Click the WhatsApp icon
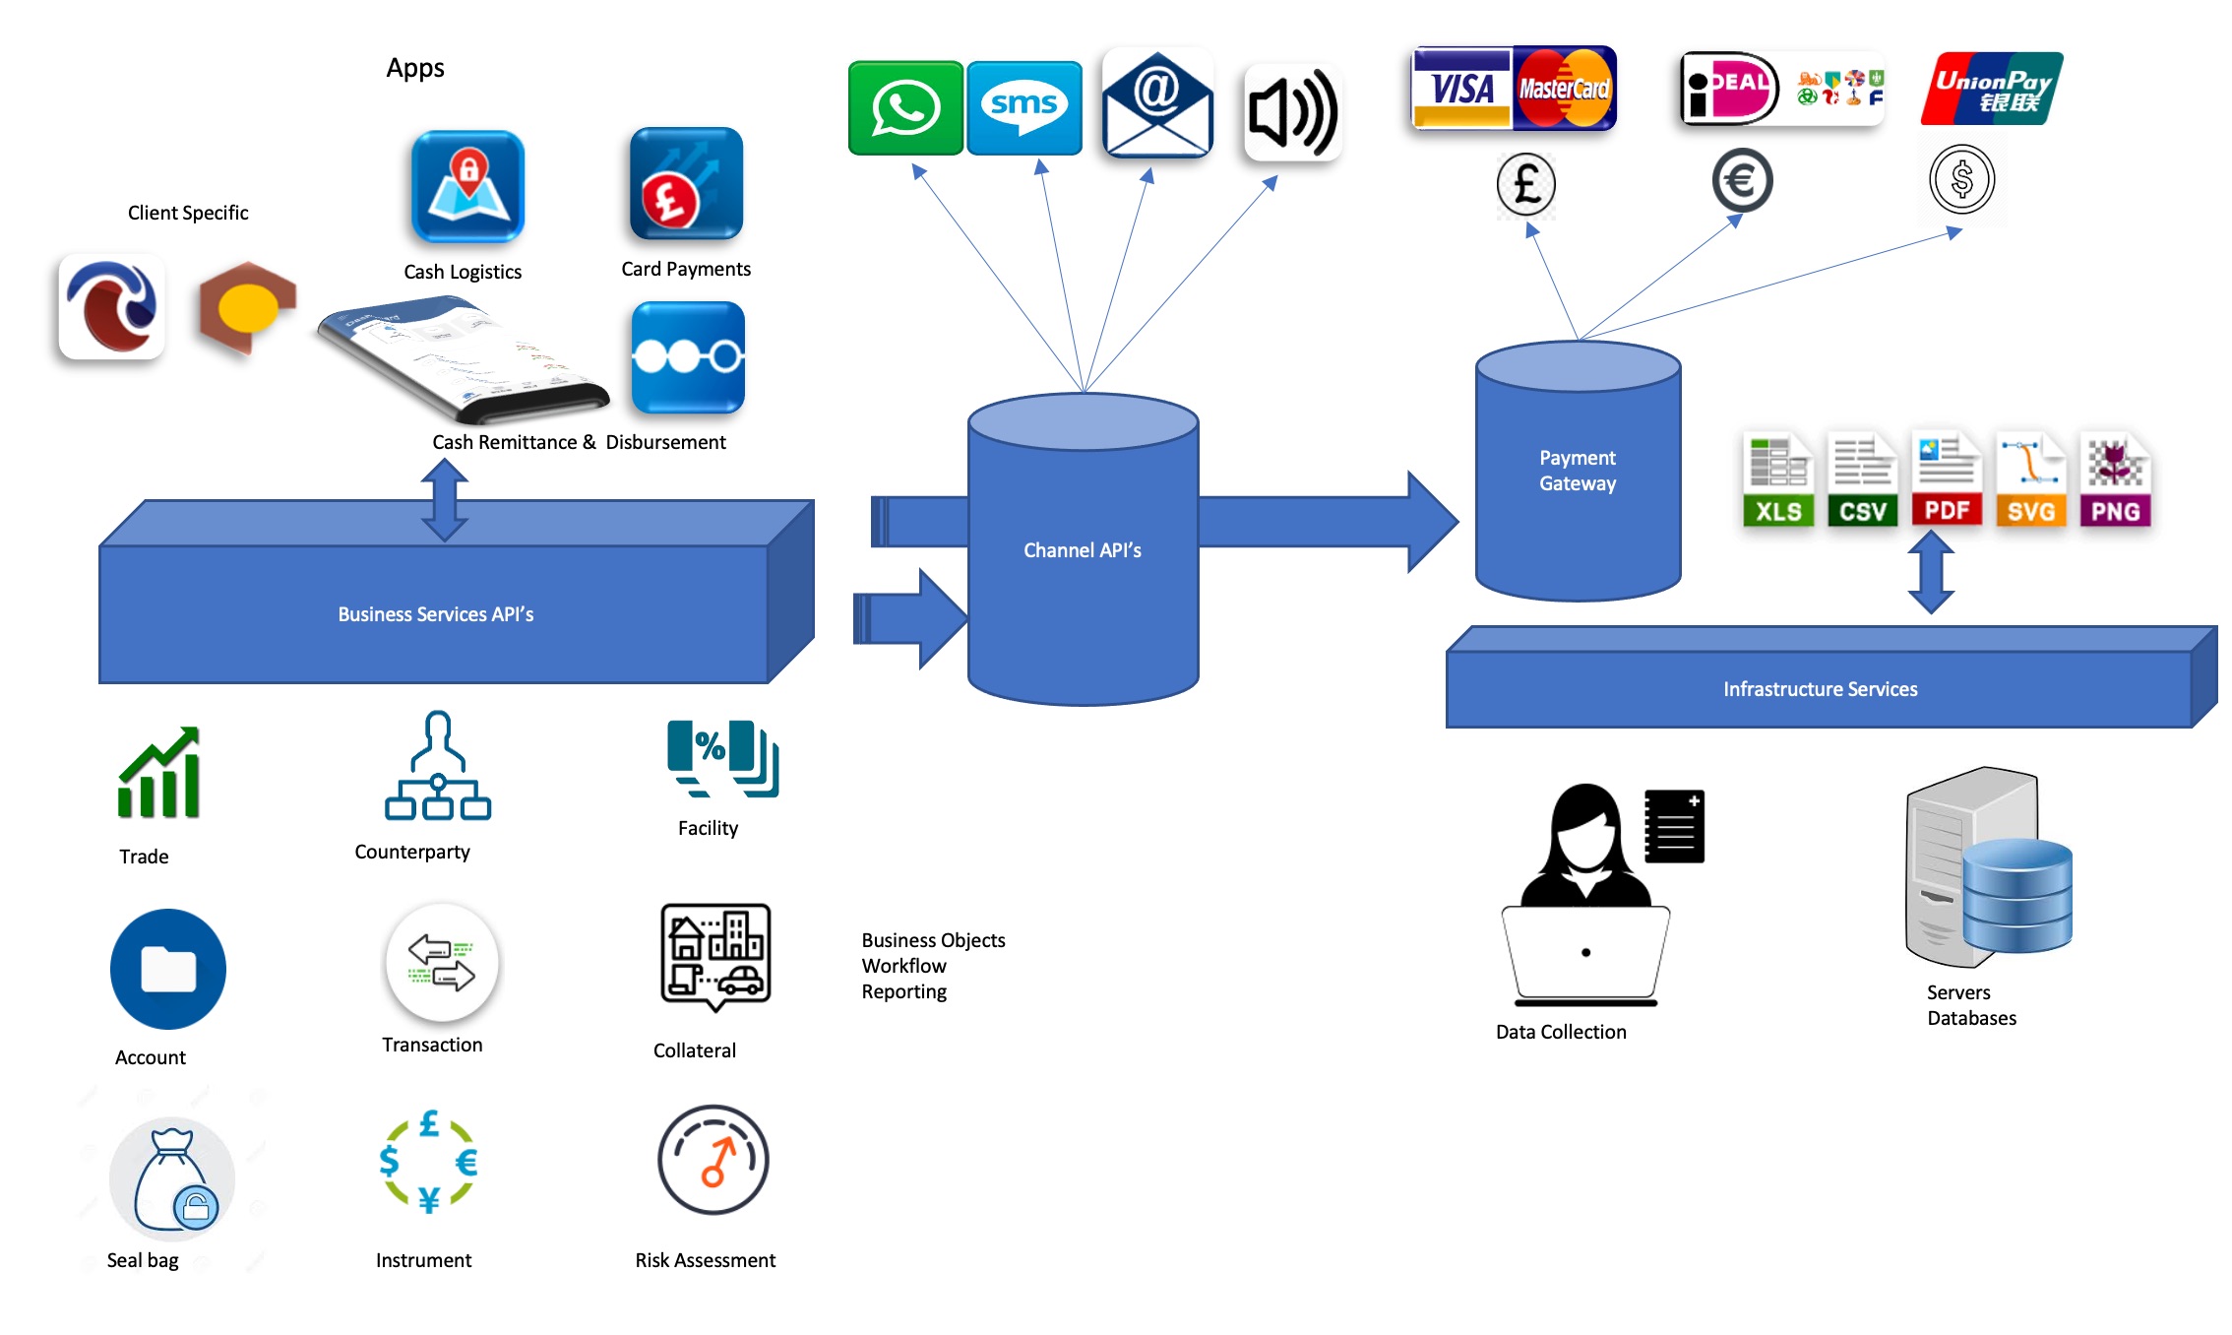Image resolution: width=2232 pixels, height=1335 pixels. pos(905,107)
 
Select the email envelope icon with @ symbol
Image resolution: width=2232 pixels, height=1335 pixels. pos(1157,103)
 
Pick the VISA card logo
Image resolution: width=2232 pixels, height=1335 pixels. pos(1462,89)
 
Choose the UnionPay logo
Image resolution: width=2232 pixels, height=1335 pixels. pos(1992,89)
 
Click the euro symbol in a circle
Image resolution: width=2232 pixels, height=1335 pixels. pos(1742,180)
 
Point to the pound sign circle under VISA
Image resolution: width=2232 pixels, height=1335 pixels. pos(1526,184)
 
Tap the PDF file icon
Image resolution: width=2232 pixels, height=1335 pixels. pos(1947,479)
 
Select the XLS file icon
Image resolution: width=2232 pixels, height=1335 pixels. pos(1778,481)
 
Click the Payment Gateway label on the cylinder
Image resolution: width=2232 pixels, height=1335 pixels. pos(1578,471)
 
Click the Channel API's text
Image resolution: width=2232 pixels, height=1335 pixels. pos(1083,550)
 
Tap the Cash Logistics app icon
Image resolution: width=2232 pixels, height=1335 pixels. pos(467,187)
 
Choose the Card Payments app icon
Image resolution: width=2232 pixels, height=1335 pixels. pos(686,184)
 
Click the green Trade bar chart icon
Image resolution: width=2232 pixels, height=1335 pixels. pos(159,774)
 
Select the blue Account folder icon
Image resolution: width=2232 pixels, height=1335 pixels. pos(168,969)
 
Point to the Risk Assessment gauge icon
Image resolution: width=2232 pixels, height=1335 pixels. pos(713,1160)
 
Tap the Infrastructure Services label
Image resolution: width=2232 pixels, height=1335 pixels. pos(1820,689)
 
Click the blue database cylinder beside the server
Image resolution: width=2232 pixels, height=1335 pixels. pos(2017,895)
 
